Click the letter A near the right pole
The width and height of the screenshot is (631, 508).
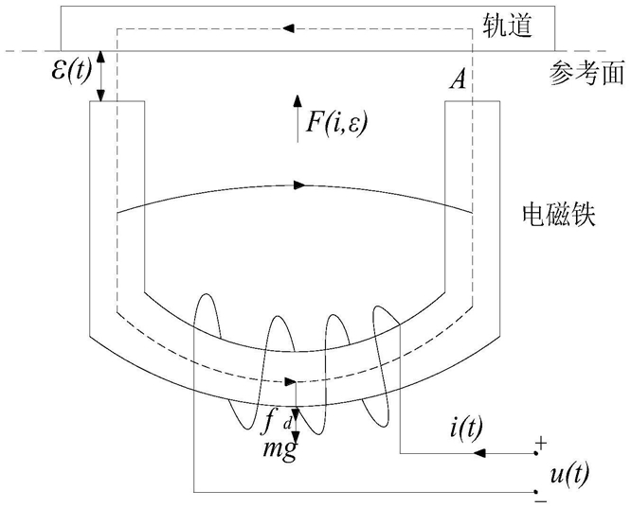point(457,81)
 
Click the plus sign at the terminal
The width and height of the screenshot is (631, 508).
point(541,442)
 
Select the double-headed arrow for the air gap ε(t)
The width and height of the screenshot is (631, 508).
point(101,74)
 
